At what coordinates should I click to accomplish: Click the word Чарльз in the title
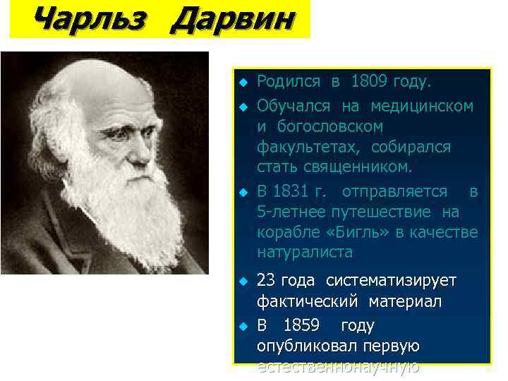tap(89, 19)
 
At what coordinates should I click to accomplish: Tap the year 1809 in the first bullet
tap(367, 82)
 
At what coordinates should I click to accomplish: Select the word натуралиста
tap(305, 252)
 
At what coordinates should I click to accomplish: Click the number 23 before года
tap(265, 281)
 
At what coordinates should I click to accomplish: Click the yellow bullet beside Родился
tap(242, 83)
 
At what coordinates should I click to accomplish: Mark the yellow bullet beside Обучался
tap(242, 107)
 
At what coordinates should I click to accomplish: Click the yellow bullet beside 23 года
tap(242, 282)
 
